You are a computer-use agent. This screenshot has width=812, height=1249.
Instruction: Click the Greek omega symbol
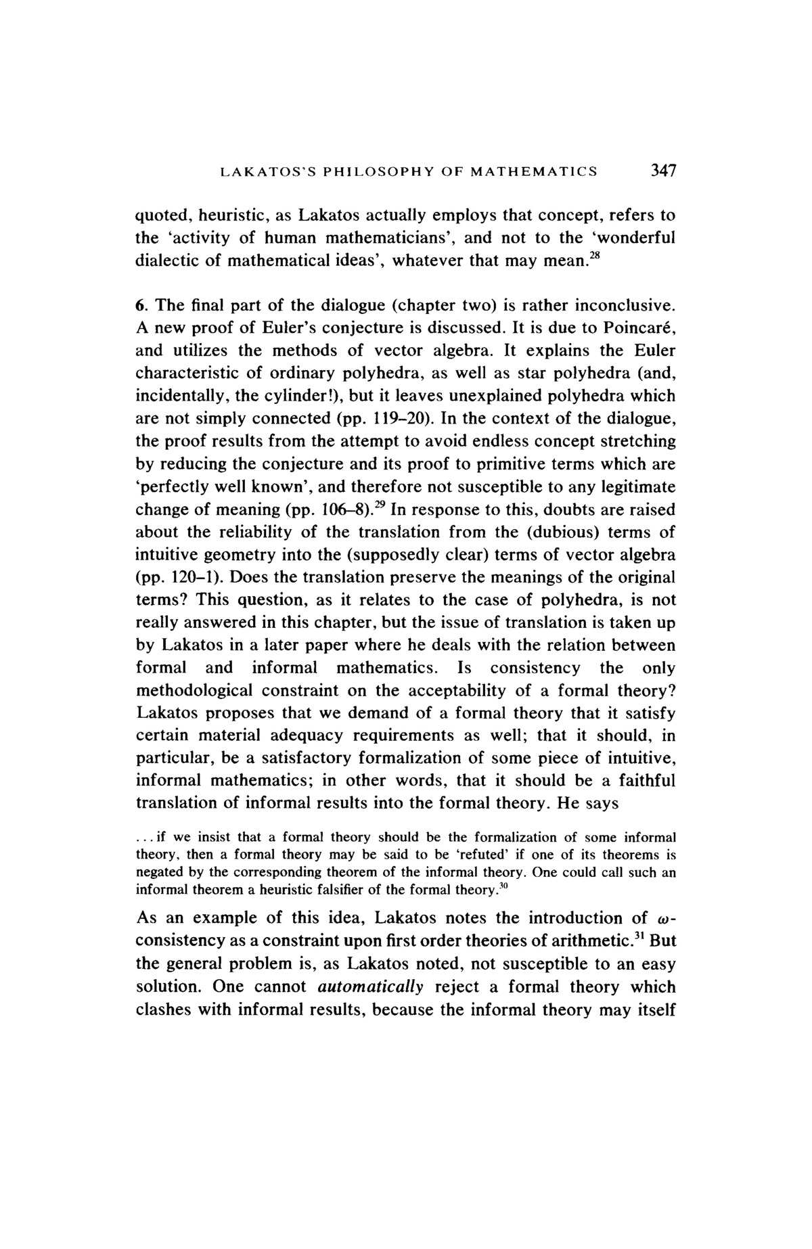tap(662, 919)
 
